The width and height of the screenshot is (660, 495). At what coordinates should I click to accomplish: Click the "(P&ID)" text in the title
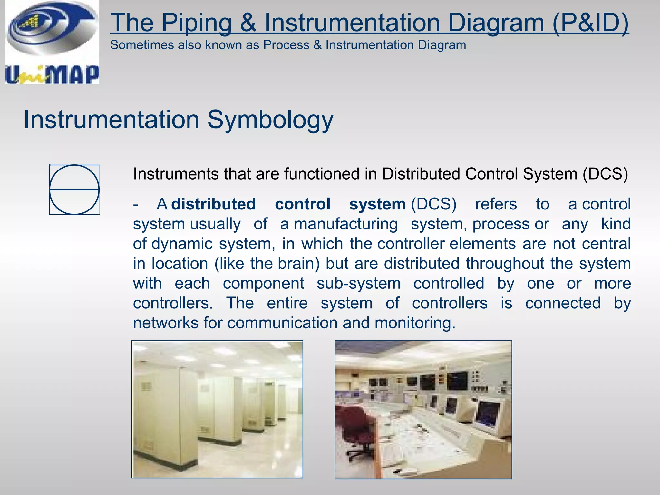pyautogui.click(x=590, y=23)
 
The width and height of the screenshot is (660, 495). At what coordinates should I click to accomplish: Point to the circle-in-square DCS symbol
pyautogui.click(x=74, y=190)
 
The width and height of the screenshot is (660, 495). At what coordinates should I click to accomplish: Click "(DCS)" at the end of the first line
pyautogui.click(x=605, y=174)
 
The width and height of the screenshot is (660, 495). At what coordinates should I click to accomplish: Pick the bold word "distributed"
pyautogui.click(x=213, y=204)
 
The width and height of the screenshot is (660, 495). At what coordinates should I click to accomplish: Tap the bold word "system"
pyautogui.click(x=377, y=204)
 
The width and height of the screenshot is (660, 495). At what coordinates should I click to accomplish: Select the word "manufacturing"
pyautogui.click(x=346, y=224)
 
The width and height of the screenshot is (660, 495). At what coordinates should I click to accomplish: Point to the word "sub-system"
pyautogui.click(x=359, y=284)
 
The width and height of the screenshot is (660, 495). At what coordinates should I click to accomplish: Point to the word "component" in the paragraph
pyautogui.click(x=263, y=284)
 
